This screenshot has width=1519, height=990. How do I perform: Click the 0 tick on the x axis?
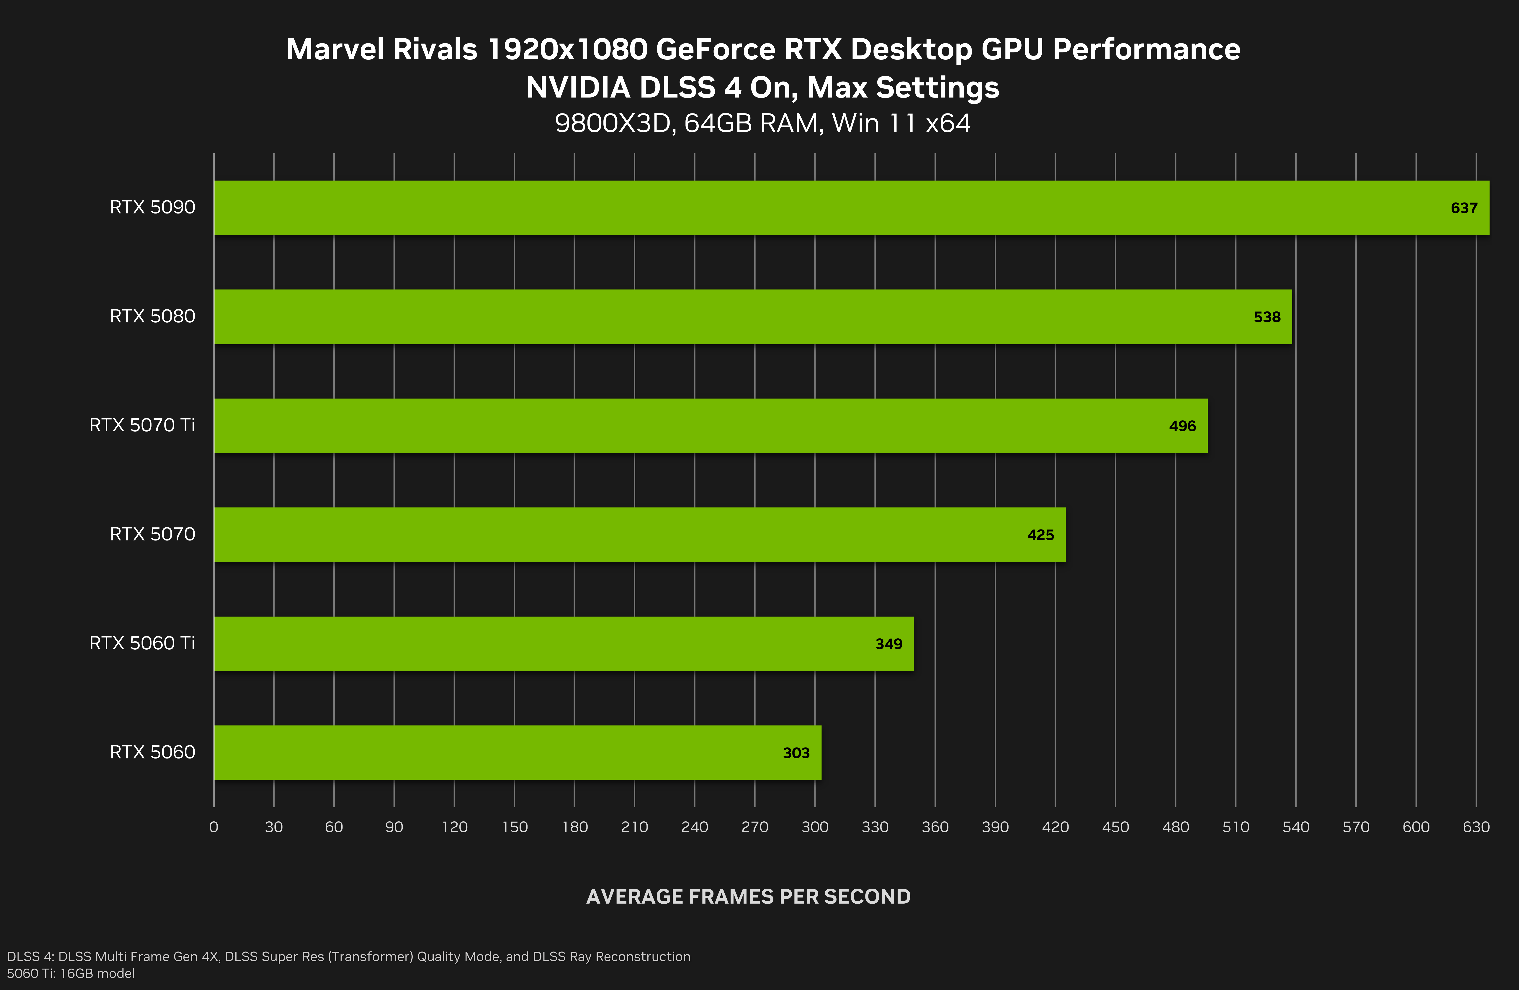point(214,827)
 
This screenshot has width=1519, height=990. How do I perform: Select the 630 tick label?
point(1476,827)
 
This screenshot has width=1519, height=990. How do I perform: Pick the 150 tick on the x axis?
point(514,827)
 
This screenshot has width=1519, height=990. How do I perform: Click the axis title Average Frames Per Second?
point(748,897)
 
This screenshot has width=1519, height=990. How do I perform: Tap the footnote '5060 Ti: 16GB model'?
point(71,973)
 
